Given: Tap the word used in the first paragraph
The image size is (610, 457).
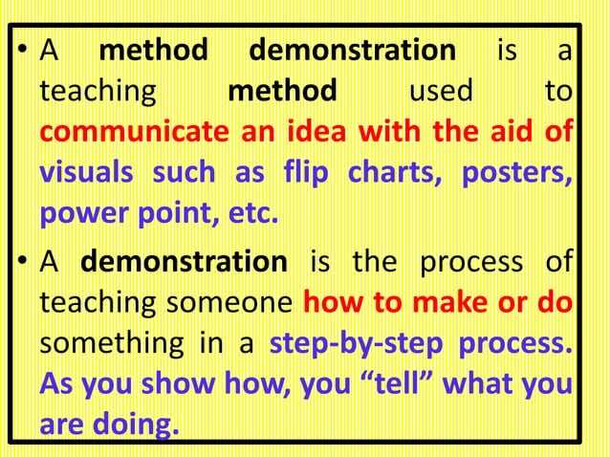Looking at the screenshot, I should coord(441,92).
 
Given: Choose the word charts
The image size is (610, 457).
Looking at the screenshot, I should coord(395,174).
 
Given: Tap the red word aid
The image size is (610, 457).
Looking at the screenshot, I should coord(509,132).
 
